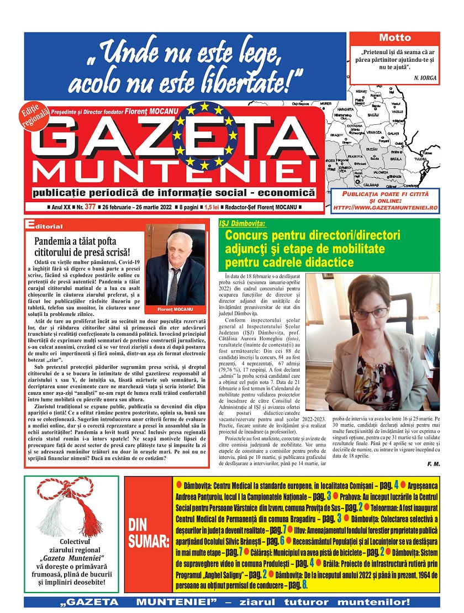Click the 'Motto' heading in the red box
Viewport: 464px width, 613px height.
tap(395, 38)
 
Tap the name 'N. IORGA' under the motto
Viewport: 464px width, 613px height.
tap(425, 78)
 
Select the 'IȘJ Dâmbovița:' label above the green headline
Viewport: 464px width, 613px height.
tap(242, 224)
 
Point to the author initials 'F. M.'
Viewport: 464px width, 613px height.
tap(434, 464)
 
